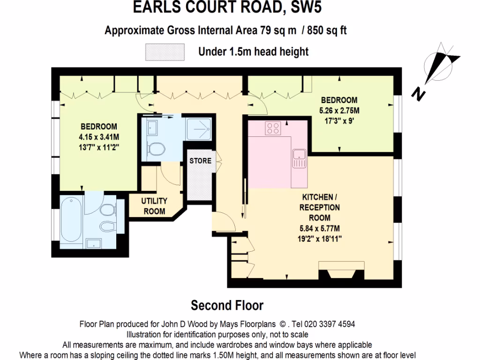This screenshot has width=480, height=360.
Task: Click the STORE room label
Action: pos(200,161)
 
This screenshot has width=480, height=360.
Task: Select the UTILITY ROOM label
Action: pos(154,206)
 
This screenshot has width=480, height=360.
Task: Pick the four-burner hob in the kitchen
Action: pos(272,127)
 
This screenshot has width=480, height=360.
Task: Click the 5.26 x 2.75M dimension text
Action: pos(339,111)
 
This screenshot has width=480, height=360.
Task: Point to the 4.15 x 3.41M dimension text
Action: pos(98,137)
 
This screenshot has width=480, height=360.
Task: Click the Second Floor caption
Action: pos(227,306)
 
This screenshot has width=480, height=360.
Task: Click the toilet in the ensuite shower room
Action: pos(156,149)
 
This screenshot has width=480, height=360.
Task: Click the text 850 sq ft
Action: pos(327,31)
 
